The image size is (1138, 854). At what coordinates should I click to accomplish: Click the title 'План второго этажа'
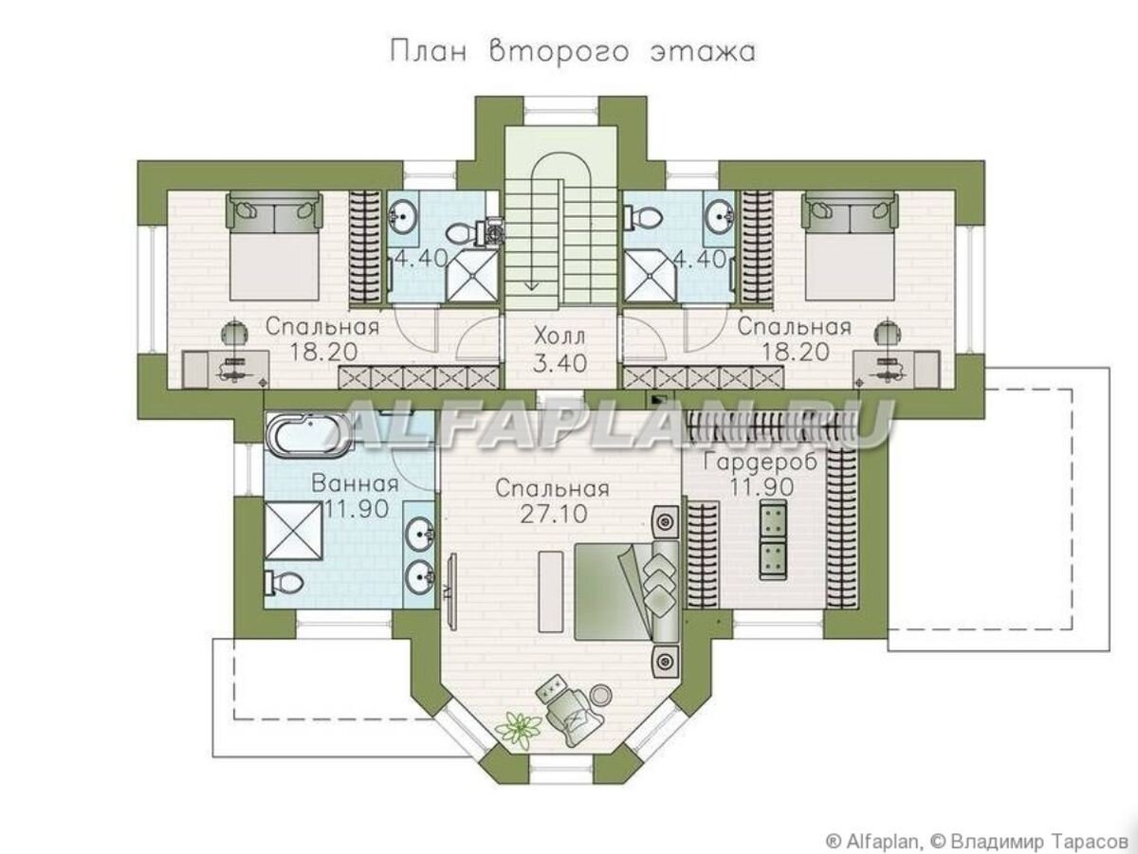pos(573,52)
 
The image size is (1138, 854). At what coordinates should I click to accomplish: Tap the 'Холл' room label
pos(559,336)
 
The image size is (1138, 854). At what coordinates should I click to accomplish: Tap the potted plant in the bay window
pos(517,728)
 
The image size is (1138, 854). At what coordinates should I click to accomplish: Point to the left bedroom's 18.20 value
pos(322,352)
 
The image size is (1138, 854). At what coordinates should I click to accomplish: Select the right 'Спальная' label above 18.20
pos(794,327)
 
